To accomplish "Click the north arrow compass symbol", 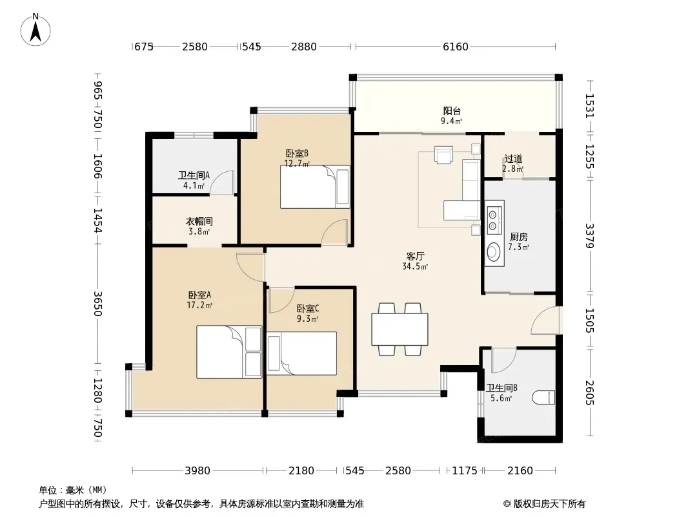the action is pos(35,30).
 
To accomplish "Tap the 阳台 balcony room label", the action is pos(452,111).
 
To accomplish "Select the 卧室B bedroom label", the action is pos(297,153).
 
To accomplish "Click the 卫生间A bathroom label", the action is pos(194,175).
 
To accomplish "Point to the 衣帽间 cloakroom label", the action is pos(199,221).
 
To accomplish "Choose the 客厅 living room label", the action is pos(415,256).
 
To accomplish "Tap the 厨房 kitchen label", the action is pos(519,237).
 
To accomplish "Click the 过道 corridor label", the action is pos(513,158).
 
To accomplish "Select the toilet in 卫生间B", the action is pos(543,397).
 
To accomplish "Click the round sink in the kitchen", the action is pos(494,251).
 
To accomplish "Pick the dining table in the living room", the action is pos(400,329).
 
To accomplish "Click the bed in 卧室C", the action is pos(301,353).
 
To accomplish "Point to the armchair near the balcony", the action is pos(443,154).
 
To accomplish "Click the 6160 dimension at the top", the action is pos(456,47).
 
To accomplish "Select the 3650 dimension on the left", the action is pos(97,304).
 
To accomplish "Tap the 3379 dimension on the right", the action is pos(589,236).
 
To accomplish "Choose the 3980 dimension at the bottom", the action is pos(197,471).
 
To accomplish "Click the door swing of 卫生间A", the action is pos(222,182).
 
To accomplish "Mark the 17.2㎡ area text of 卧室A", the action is pos(199,305).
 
